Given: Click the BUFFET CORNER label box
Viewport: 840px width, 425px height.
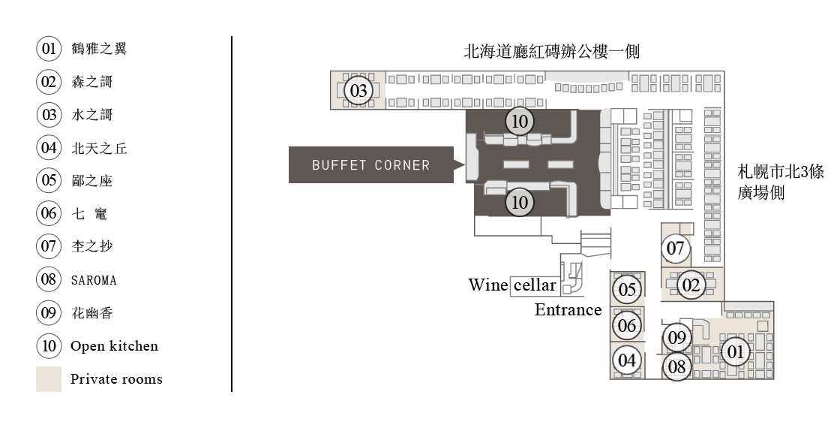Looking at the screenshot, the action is (371, 164).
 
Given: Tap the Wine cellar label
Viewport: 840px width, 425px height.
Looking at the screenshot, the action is (512, 285).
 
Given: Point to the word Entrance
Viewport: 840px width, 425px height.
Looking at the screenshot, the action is (568, 309).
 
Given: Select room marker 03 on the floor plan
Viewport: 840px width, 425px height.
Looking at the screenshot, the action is (358, 90).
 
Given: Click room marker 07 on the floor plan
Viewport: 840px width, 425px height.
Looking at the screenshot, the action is (676, 249).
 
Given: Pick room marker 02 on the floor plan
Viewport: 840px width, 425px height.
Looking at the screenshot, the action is (691, 285).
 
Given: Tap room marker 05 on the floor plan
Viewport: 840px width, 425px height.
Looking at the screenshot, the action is (627, 289).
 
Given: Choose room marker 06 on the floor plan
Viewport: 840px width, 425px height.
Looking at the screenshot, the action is (627, 325).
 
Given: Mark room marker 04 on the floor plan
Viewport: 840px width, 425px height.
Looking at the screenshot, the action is (627, 360).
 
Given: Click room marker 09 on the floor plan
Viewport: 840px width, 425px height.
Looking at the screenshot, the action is (677, 338).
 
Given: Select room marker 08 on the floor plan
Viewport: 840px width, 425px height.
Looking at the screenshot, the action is (677, 367).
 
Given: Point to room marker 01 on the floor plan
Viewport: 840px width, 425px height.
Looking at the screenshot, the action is (736, 352).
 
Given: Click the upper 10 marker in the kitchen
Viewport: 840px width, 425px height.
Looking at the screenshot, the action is (520, 122).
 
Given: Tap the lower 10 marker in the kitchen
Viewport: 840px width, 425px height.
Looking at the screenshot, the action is (520, 202).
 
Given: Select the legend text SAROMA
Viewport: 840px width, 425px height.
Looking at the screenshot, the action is (94, 280).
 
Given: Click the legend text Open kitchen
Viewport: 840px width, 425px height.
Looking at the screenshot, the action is (114, 346).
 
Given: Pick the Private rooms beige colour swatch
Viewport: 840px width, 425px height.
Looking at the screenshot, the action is (49, 379).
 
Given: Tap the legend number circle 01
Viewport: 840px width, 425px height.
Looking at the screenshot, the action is (49, 49).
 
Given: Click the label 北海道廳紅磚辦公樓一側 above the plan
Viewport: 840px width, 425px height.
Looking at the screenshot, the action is (552, 52).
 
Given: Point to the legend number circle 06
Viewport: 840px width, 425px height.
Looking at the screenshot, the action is (49, 213).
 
